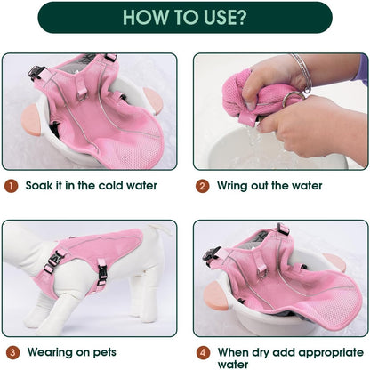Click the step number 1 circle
pos(12,186)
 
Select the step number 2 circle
pos(203,186)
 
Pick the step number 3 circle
pos(12,353)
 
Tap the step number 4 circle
pos(203,353)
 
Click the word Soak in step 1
pos(39,186)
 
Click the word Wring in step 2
pos(232,186)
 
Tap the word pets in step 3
pos(105,353)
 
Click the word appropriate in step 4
pos(331,353)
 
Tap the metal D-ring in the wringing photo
pos(293,99)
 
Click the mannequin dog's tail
pos(162,229)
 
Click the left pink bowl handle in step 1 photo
pos(31,121)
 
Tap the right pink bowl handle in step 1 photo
pos(153,101)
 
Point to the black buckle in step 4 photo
pos(212,253)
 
